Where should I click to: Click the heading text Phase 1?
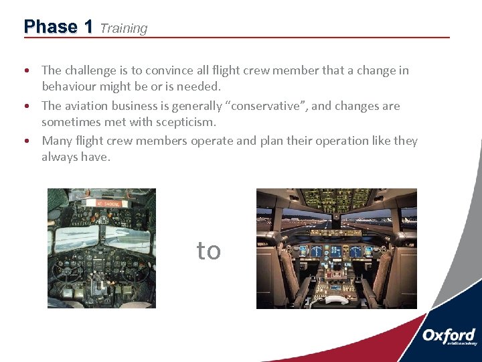[x=58, y=27]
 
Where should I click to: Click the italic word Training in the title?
[x=123, y=28]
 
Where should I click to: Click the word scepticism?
[x=183, y=122]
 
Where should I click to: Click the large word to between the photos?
[x=208, y=250]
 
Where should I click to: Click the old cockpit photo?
[x=101, y=248]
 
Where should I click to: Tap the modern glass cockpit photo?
[x=336, y=248]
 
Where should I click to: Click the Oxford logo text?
[x=449, y=335]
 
